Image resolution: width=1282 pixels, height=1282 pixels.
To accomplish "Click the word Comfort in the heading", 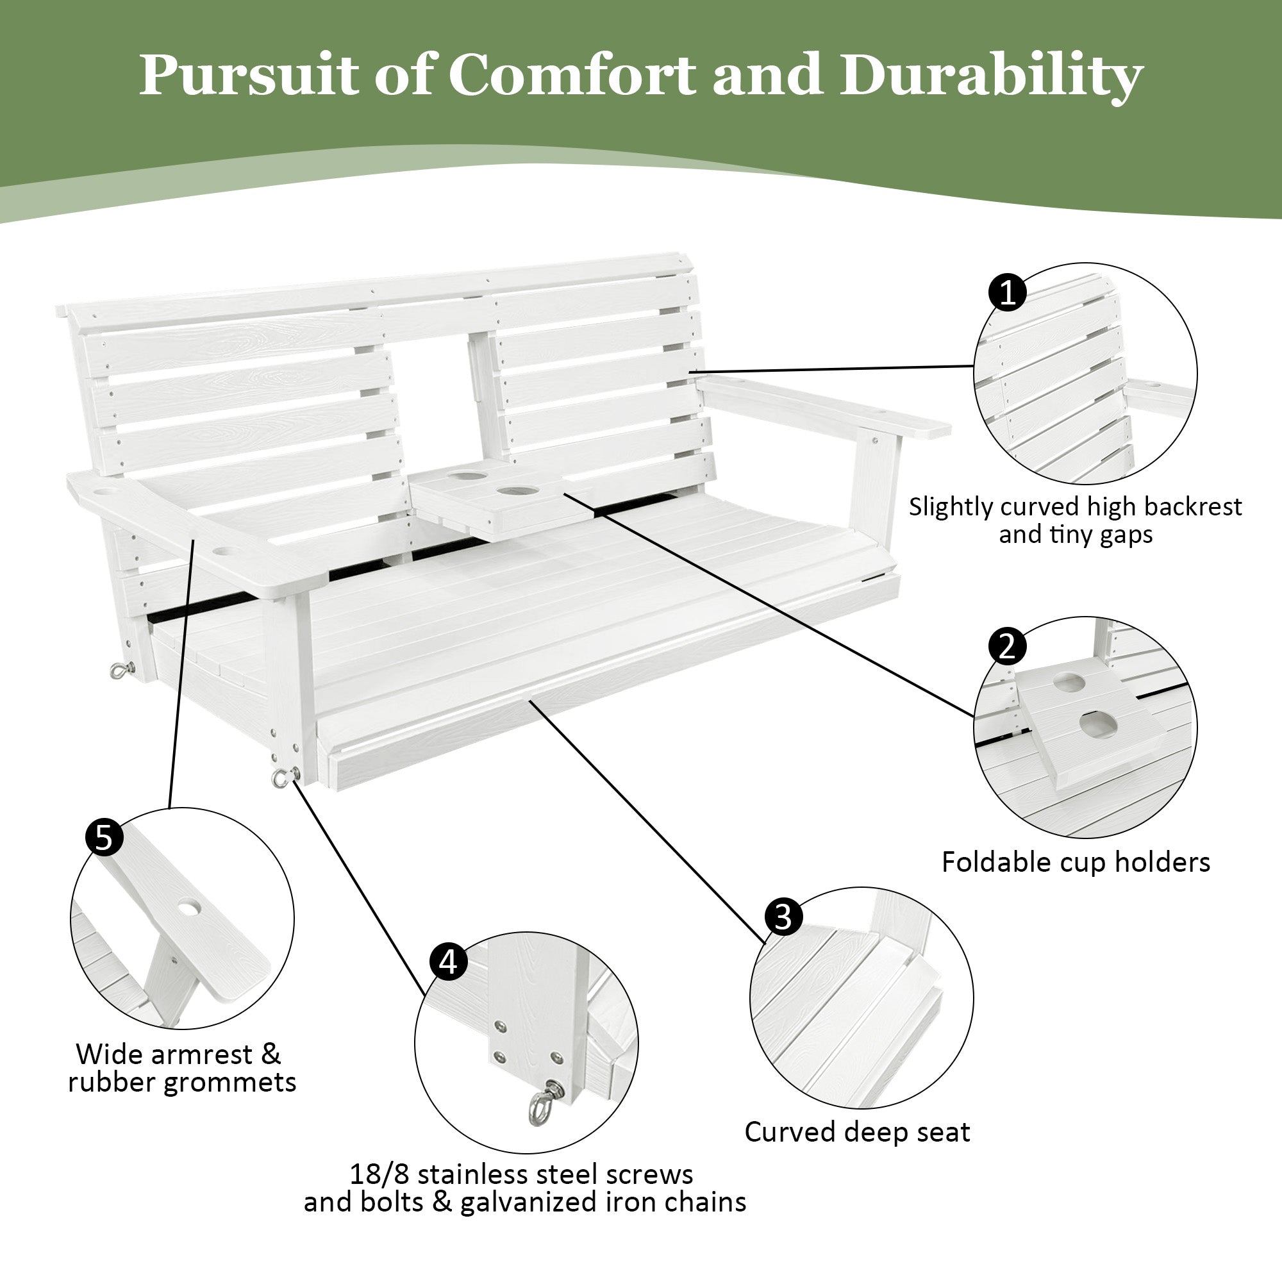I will tap(572, 74).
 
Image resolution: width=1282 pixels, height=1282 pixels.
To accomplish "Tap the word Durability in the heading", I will tap(991, 76).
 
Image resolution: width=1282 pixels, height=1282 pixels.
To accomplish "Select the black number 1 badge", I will tap(1007, 292).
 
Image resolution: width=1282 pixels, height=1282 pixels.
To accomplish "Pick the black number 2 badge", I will tap(1007, 645).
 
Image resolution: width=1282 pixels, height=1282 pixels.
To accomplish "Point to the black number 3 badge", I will tap(784, 918).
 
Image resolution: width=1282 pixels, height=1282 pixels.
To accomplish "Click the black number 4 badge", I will tap(449, 962).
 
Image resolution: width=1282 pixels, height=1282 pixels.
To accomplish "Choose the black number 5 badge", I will tap(104, 837).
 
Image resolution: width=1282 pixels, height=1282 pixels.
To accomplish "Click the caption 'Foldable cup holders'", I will tap(1076, 863).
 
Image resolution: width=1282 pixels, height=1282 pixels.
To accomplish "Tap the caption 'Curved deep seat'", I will tap(856, 1132).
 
